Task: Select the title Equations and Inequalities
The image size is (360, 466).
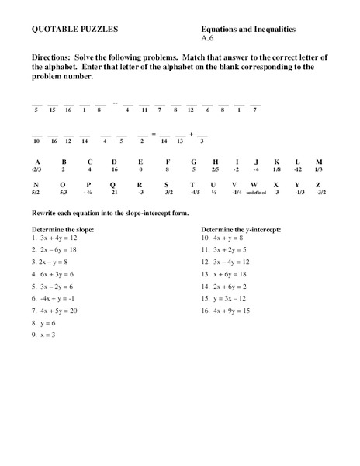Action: point(247,29)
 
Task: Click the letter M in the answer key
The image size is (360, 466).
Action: point(320,162)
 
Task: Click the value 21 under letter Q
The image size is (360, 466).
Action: point(114,192)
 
